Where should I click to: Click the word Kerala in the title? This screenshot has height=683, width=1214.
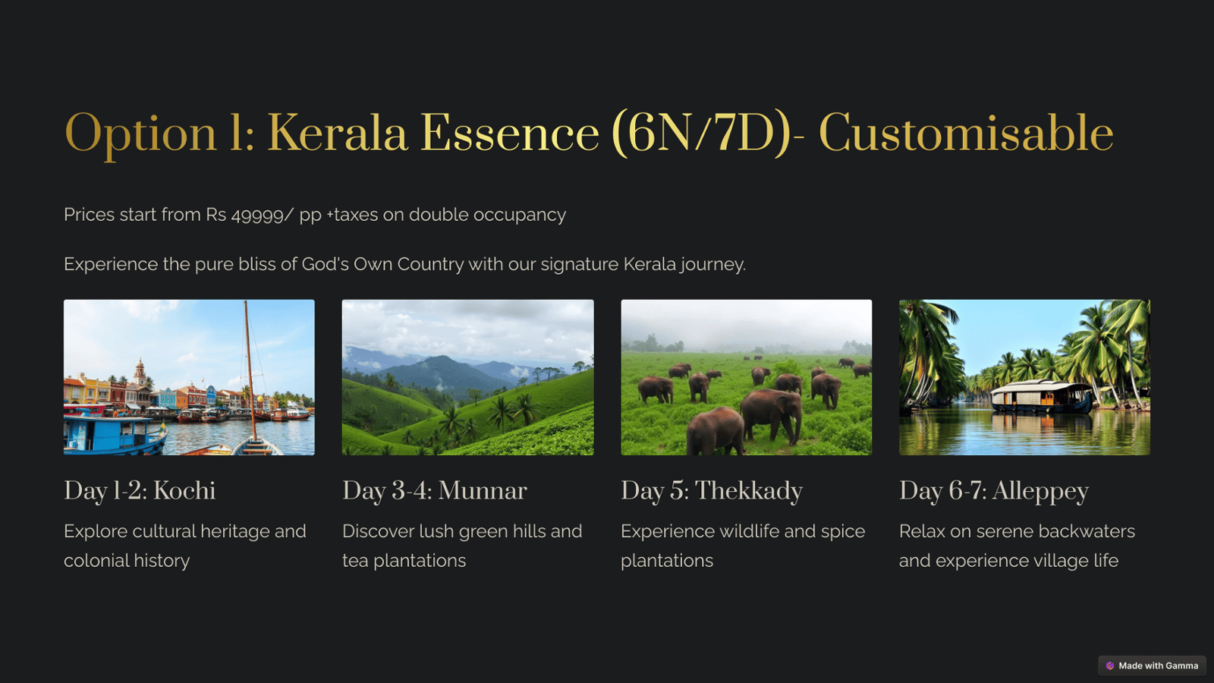pos(337,134)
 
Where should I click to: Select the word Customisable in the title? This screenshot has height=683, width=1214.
pos(966,134)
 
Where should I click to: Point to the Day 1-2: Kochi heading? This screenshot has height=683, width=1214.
pos(140,491)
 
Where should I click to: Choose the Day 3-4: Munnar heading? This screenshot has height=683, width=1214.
pos(434,491)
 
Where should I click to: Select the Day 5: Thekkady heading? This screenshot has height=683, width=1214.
pos(712,491)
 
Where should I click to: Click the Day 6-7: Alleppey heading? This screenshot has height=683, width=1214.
pos(994,491)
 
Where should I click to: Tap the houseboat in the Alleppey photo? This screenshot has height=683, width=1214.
pos(1041,397)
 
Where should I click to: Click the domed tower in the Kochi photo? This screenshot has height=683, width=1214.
pos(140,373)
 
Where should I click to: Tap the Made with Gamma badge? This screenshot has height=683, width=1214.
pos(1152,666)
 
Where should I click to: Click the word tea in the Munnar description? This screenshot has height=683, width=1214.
pos(355,561)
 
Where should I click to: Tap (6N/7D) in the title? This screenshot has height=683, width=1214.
pos(701,134)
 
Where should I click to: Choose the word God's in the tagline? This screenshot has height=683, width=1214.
pos(326,264)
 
